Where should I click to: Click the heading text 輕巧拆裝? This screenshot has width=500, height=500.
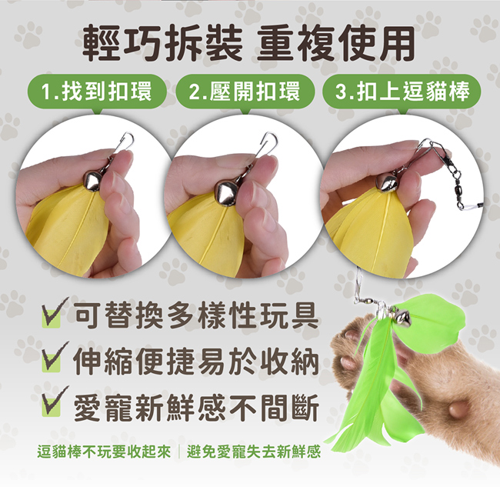[x=162, y=43]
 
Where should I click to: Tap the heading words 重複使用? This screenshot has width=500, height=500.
[x=336, y=43]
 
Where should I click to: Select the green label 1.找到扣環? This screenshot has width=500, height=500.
[x=97, y=92]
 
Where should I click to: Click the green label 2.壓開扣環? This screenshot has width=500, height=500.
[x=245, y=92]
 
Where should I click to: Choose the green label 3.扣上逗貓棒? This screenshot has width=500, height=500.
[x=402, y=92]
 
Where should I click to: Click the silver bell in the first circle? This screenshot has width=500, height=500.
[x=92, y=181]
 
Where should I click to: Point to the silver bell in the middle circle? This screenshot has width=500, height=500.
[x=225, y=192]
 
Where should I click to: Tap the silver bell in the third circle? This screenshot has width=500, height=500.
[x=387, y=182]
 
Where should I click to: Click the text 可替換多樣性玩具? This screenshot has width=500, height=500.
[x=196, y=315]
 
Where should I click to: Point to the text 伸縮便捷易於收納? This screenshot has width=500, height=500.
[x=196, y=361]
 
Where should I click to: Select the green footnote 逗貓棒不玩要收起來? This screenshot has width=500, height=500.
[x=104, y=452]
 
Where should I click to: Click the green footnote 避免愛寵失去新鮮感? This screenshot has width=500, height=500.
[x=254, y=452]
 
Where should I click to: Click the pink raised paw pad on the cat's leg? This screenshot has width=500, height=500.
[x=458, y=408]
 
